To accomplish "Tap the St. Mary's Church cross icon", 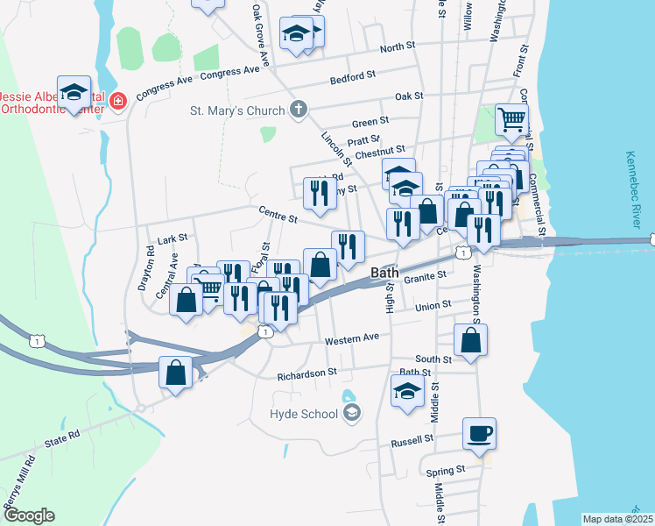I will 299,110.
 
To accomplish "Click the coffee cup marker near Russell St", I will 479,434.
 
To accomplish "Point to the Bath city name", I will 385,273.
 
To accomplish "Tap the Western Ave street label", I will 352,338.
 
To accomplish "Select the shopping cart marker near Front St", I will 512,118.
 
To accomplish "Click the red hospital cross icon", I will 118,102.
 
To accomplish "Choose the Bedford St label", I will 353,79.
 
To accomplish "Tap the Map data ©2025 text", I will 617,519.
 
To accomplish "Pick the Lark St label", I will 173,238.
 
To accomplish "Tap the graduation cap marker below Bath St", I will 407,392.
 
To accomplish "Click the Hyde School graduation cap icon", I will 351,412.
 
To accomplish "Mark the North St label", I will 397,47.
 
